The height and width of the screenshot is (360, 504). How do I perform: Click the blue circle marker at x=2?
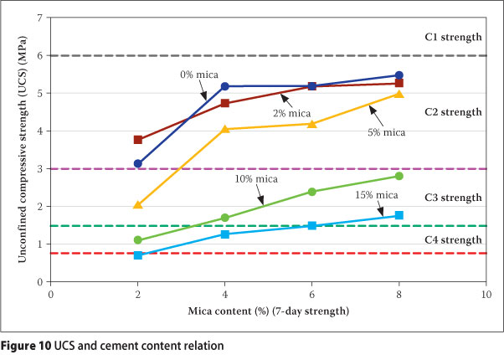coord(137,164)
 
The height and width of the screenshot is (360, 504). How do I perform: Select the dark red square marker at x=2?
coord(137,140)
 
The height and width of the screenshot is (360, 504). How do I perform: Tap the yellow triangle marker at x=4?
coord(224,129)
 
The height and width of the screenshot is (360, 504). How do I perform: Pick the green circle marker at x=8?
coord(399,176)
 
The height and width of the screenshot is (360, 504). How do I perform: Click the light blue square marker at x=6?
coord(311,225)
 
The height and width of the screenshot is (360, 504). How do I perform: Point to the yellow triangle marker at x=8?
coord(399,94)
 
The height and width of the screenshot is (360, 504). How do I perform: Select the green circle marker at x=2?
coord(137,240)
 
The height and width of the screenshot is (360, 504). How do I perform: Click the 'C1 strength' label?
coord(453,37)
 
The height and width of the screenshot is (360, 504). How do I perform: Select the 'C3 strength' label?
coord(453,198)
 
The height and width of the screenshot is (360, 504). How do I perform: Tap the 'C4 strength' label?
coord(453,240)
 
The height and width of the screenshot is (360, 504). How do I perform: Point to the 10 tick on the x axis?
coord(486,294)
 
